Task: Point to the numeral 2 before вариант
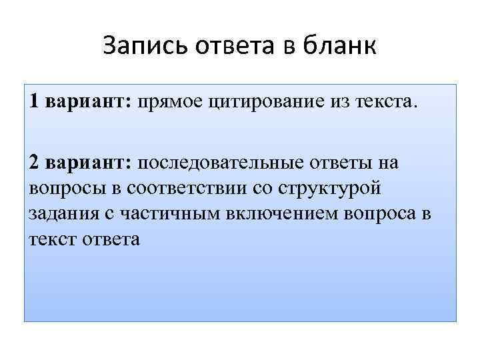tap(34, 163)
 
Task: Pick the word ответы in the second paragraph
tap(339, 163)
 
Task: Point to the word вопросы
tap(67, 188)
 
